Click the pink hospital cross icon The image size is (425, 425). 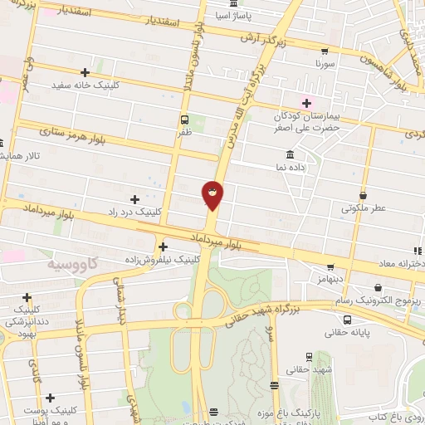307,103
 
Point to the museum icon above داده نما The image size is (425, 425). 290,154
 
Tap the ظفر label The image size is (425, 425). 184,130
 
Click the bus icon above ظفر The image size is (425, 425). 183,118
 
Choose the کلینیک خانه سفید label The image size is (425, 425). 85,85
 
